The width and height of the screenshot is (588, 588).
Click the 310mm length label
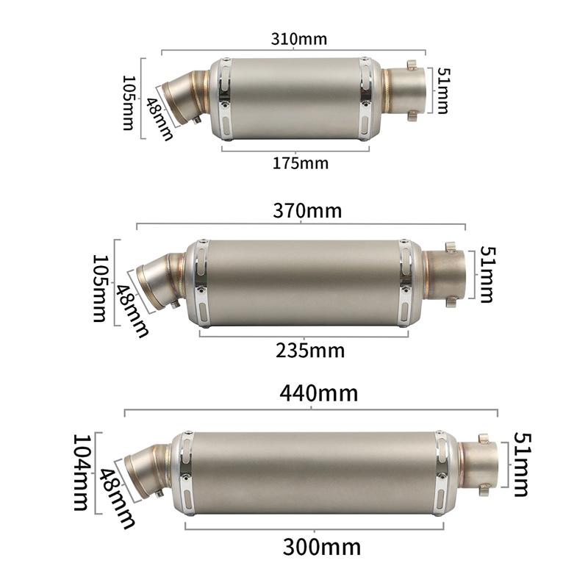pyautogui.click(x=298, y=39)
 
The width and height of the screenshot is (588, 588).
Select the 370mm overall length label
pyautogui.click(x=307, y=211)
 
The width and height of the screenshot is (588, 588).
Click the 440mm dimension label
pyautogui.click(x=318, y=393)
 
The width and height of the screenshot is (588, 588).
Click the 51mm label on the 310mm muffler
pyautogui.click(x=442, y=91)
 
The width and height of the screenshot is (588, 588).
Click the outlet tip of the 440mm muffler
pyautogui.click(x=481, y=465)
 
